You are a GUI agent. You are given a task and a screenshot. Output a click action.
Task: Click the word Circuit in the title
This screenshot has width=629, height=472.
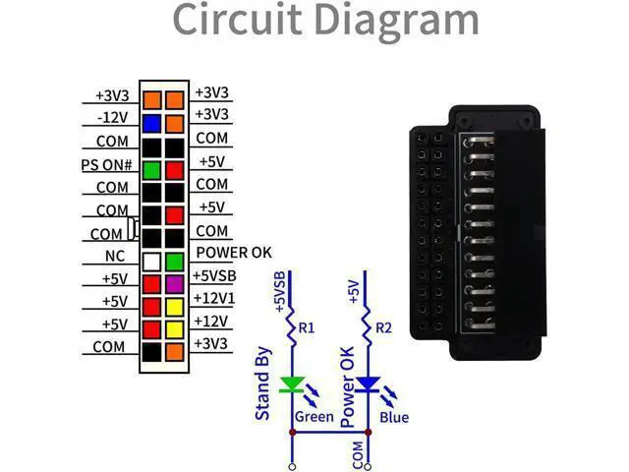point(238,20)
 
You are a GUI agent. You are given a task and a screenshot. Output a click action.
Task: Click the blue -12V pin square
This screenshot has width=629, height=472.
point(152,124)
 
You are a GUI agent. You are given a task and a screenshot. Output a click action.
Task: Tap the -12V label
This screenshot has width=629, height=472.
point(113,118)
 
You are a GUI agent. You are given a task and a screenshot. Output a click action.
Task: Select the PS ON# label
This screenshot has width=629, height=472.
point(106,165)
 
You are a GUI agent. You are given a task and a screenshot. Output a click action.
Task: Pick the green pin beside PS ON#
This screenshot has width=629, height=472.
point(152,170)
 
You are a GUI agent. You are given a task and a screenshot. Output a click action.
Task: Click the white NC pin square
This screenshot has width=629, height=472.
point(152,263)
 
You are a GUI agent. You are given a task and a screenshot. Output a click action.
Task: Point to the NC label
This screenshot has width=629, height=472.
point(115,256)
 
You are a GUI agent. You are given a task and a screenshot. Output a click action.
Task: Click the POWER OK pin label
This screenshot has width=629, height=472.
point(234,253)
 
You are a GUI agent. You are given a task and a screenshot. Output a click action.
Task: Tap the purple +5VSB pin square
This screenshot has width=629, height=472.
point(175,284)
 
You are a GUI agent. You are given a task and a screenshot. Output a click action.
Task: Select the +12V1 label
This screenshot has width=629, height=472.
point(214,298)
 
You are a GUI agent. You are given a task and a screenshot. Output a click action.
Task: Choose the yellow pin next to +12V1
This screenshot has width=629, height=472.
point(175,308)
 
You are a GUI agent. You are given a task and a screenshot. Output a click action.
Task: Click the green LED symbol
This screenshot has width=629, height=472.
point(292,384)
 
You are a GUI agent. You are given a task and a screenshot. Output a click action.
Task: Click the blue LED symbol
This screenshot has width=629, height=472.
point(368,384)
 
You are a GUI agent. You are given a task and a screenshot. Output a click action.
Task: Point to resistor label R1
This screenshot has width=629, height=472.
point(307,328)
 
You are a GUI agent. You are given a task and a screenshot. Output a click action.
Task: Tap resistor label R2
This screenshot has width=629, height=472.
point(383,328)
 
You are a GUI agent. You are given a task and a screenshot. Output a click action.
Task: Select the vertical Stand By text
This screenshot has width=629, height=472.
point(262,383)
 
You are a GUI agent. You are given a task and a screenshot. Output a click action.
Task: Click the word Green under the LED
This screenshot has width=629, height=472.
point(314,417)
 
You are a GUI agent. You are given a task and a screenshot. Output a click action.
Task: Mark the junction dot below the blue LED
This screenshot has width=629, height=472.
point(368,433)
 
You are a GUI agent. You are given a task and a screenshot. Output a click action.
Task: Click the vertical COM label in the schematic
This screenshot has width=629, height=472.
point(358,454)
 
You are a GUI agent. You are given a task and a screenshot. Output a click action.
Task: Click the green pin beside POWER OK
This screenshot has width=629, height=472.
point(175,263)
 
